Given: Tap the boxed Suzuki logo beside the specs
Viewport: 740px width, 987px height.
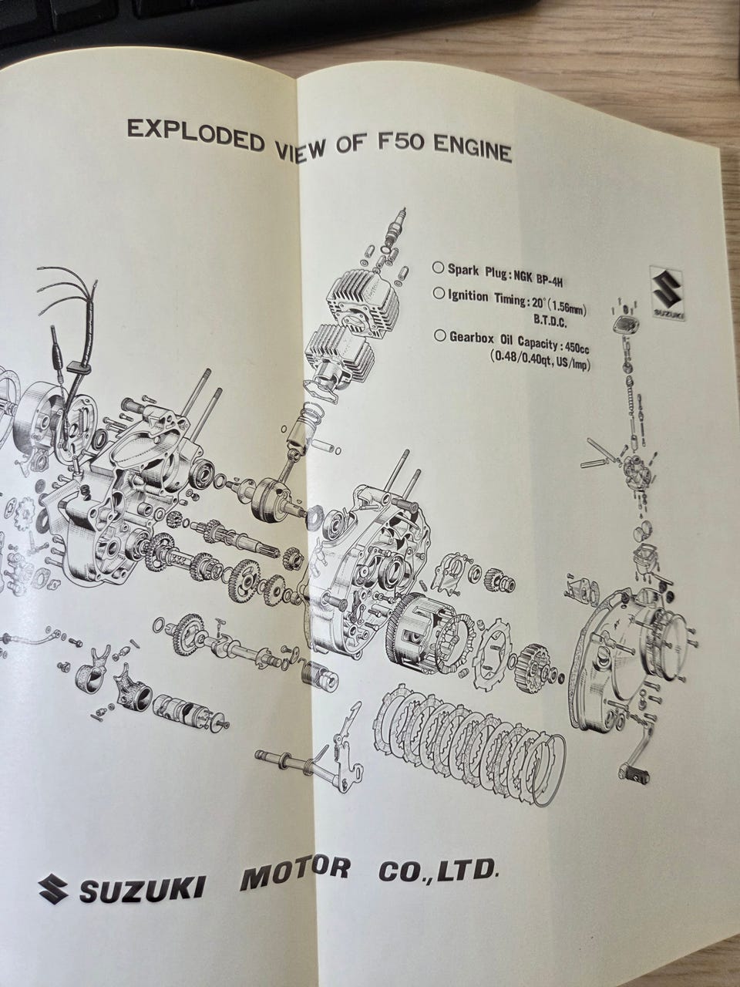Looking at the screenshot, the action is click(x=668, y=294).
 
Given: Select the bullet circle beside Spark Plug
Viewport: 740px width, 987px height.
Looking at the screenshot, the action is click(x=438, y=269).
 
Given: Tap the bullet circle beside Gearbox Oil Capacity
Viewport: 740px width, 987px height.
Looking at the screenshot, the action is click(x=440, y=336).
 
